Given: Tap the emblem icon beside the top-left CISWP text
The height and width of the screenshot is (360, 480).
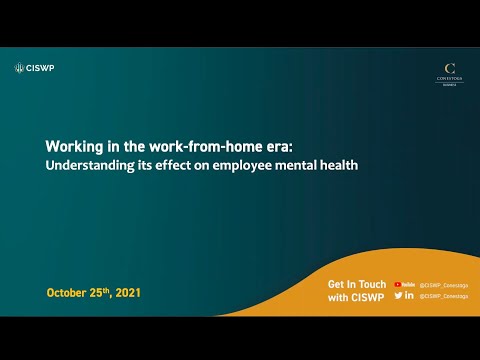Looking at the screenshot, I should point(19,68).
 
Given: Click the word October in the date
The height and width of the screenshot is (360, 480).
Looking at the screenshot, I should point(69,293).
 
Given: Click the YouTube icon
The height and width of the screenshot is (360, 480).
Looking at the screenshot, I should point(404,284).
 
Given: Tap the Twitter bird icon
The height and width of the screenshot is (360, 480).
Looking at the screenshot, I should point(399,295).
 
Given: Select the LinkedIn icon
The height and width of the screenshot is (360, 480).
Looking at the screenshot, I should point(410,295).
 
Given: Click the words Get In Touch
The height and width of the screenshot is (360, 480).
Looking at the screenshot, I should point(356,284).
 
